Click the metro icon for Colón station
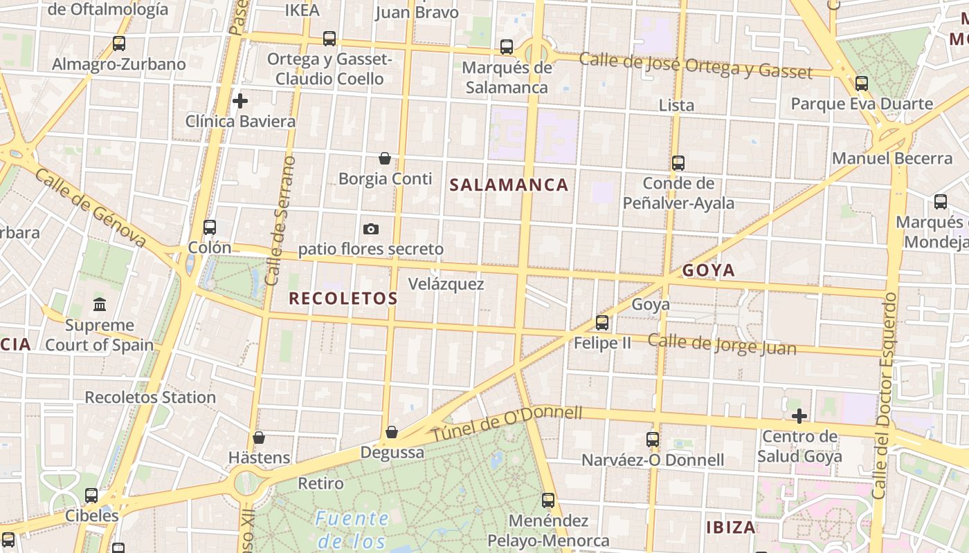pos(210,227)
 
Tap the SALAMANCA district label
pos(509,185)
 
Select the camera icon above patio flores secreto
pos(371,229)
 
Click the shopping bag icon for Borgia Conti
pos(385,159)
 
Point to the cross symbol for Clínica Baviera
pos(240,101)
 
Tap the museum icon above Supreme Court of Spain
pos(100,304)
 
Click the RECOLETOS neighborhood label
pos(343,299)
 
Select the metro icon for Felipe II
pos(602,322)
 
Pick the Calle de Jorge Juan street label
pos(722,344)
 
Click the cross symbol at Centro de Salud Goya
pos(799,416)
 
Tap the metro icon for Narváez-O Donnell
pos(653,439)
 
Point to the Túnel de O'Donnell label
pos(507,423)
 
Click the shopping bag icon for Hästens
pos(259,438)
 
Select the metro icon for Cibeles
pos(91,495)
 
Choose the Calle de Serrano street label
pos(281,221)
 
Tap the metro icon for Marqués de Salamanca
pos(507,47)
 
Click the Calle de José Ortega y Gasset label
pos(696,66)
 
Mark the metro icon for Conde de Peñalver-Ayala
pos(678,163)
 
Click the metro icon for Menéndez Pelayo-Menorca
pos(548,500)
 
